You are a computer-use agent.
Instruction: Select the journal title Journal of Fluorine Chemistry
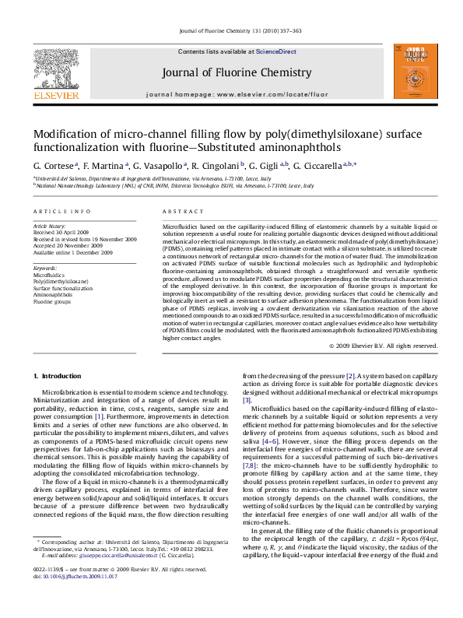231,72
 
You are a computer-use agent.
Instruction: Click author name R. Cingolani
216,166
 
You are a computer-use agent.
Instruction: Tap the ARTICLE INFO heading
56,212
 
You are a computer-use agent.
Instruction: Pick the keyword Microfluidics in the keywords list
48,276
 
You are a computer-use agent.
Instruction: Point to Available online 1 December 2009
72,252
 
